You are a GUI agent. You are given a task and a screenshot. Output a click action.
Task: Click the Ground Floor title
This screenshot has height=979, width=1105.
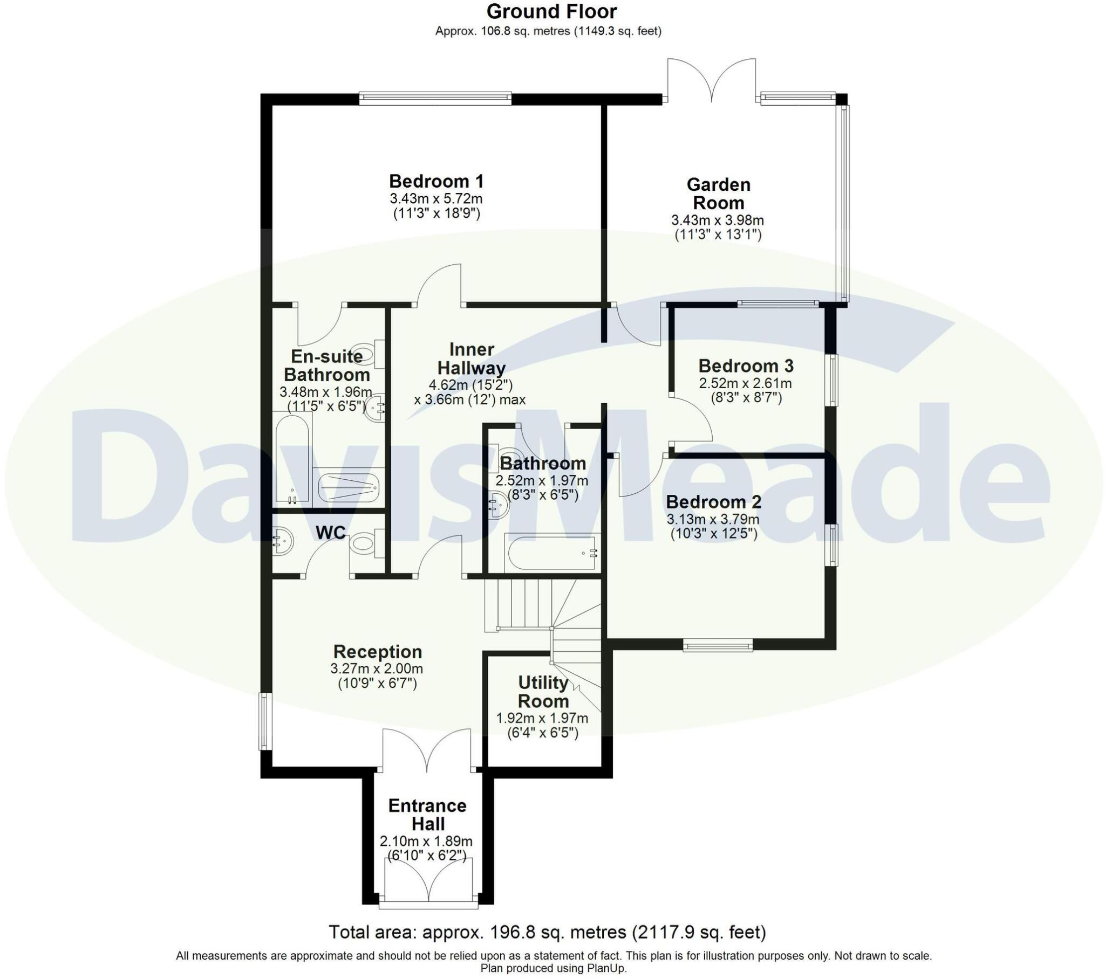551,11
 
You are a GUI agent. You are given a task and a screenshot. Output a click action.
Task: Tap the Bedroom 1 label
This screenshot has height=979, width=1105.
436,181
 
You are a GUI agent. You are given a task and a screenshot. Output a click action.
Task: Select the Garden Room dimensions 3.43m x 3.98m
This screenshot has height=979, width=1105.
718,220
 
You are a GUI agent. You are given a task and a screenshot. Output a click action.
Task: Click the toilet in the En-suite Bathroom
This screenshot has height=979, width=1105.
365,354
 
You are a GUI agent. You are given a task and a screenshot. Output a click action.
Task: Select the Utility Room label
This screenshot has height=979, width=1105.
543,692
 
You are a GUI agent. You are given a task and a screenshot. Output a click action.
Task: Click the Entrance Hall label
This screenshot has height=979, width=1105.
427,815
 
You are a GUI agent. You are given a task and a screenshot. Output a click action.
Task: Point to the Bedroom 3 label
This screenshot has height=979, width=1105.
746,366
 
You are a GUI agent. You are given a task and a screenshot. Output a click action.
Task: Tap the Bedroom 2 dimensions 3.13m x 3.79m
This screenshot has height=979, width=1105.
713,520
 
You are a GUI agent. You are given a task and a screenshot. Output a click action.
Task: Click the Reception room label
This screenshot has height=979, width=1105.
377,652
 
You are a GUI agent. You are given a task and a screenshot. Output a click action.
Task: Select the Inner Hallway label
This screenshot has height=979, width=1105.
471,359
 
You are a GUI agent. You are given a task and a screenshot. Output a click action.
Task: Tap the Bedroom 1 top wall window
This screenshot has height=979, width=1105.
435,98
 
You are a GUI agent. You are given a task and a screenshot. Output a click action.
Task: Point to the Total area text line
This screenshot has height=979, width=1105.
547,932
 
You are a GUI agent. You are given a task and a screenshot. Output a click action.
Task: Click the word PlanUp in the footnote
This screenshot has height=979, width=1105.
608,969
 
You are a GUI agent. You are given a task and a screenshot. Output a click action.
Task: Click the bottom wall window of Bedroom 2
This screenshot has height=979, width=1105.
718,645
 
